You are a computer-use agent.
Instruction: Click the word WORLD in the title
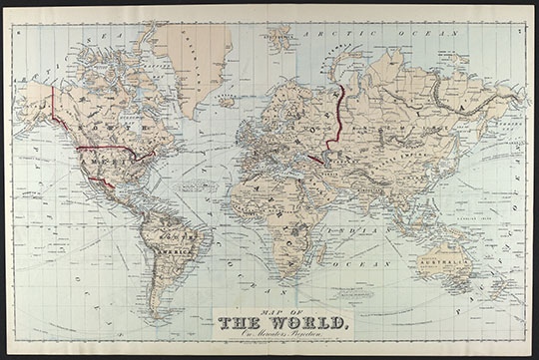(x=306, y=322)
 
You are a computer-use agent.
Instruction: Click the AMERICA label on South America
(x=169, y=250)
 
